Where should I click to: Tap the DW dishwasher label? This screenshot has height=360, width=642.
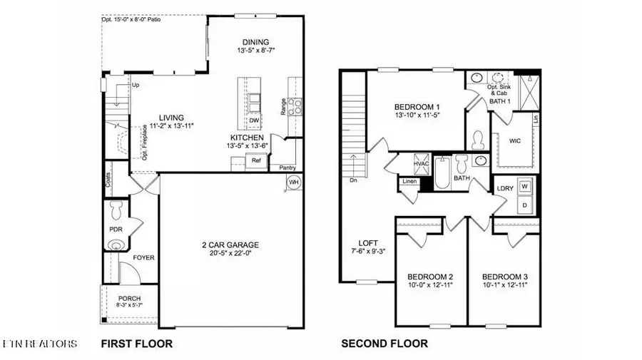click(254, 121)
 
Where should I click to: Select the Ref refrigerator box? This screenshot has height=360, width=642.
click(255, 161)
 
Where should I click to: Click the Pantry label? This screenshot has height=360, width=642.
click(287, 168)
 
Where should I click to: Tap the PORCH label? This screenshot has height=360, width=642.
click(130, 298)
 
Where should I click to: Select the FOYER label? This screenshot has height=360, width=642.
click(144, 257)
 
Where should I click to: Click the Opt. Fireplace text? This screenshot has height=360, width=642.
click(144, 145)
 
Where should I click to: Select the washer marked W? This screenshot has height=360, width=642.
click(524, 187)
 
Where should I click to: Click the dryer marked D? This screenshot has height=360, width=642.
click(524, 205)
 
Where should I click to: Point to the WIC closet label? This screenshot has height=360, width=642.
click(515, 140)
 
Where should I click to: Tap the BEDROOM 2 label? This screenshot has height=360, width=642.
click(430, 277)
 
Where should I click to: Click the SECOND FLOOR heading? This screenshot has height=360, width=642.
click(384, 344)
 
